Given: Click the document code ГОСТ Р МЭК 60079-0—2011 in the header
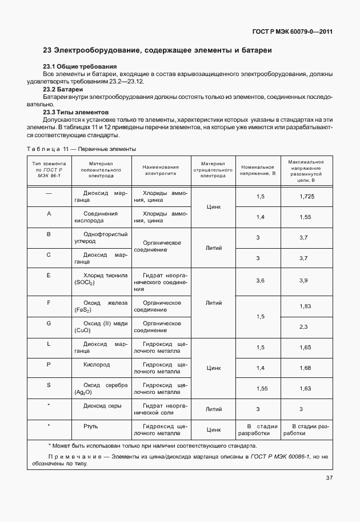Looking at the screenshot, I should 291,32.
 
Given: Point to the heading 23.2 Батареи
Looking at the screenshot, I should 63,90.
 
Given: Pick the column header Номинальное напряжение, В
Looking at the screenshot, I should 258,169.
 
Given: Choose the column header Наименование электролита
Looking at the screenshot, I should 161,169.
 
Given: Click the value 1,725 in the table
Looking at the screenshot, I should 307,197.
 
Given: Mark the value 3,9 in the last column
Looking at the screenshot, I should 303,280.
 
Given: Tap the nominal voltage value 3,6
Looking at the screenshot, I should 261,280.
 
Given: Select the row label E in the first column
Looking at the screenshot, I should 49,275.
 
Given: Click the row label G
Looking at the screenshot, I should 49,323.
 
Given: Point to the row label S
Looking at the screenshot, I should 49,385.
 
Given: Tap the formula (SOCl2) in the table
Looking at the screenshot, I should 84,283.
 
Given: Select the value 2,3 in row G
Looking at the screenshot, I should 303,327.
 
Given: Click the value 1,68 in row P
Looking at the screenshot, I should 305,368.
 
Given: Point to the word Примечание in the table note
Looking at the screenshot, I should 73,457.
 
